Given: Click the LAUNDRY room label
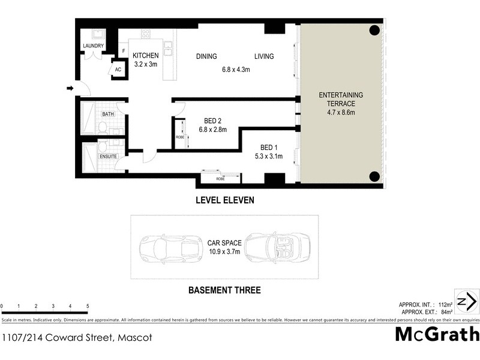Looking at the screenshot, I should [93, 46].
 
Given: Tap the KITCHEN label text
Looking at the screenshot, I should [145, 56].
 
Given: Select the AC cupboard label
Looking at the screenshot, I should [118, 70].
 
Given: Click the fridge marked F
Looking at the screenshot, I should [124, 51].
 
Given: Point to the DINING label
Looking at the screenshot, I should [206, 57].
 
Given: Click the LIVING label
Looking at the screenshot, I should [263, 57].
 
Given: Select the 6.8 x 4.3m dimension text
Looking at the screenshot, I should [235, 70].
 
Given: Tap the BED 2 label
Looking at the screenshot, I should [212, 120].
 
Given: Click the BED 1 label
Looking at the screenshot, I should [269, 148].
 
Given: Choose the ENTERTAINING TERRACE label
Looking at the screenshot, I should [340, 100].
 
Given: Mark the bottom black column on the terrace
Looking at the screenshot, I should [374, 176].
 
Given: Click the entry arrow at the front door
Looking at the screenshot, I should [70, 89].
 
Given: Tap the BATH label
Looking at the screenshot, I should [108, 113].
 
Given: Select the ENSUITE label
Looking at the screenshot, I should [109, 157].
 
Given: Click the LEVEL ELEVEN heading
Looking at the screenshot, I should [225, 201].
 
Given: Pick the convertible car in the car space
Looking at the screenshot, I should [276, 247].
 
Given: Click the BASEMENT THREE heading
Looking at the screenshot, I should [224, 290].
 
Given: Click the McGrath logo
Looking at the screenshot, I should [437, 334].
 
